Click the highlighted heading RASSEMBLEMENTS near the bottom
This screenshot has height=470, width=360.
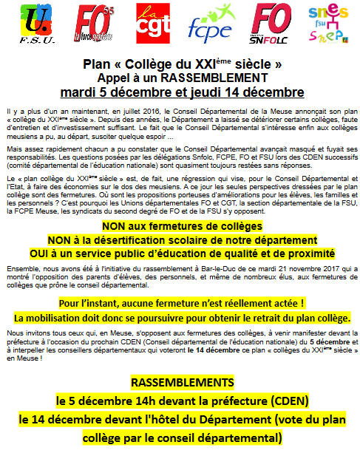coord(179,384)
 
